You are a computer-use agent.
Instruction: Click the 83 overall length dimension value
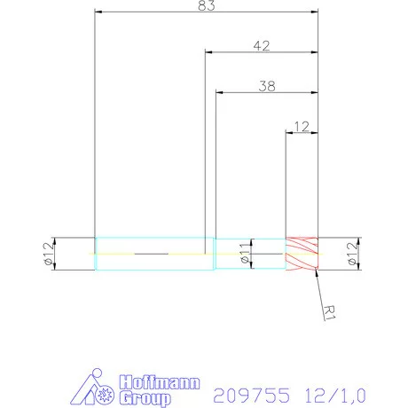pos(206,5)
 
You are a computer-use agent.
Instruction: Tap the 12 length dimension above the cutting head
pos(302,126)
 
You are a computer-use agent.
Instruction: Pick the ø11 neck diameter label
pos(243,254)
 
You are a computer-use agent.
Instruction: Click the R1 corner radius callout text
pos(330,312)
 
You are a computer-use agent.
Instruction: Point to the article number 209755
pos(252,391)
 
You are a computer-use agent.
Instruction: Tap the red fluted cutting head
pos(301,254)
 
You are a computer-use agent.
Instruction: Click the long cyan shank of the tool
pos(154,254)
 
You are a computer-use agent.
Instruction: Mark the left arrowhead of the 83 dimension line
pos(98,12)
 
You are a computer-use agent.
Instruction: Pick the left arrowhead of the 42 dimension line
pos(208,51)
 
